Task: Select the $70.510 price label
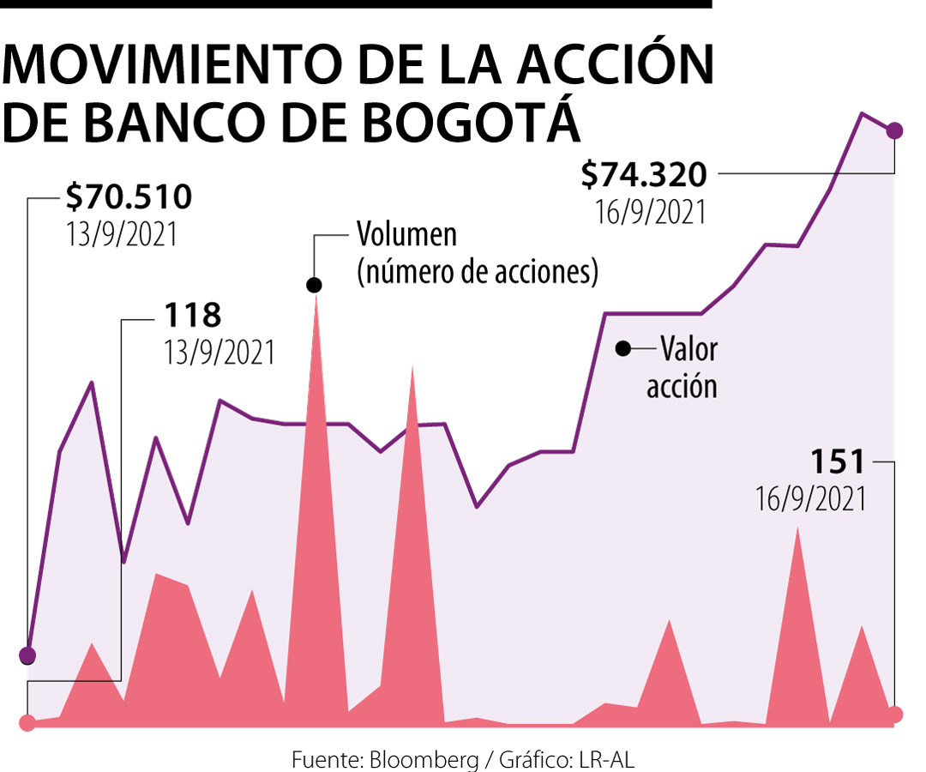coord(129,198)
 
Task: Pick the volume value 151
coord(838,462)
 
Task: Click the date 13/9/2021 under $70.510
coord(122,234)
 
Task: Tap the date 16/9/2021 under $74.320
coord(651,211)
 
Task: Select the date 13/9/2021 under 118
coord(220,352)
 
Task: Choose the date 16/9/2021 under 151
coord(810,498)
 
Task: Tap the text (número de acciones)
coord(478,272)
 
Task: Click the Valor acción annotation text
coord(683,367)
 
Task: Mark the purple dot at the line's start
coord(27,656)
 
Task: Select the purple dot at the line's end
coord(895,130)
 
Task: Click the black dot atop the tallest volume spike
coord(315,285)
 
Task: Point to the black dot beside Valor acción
coord(623,348)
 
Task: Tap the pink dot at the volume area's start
coord(27,722)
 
